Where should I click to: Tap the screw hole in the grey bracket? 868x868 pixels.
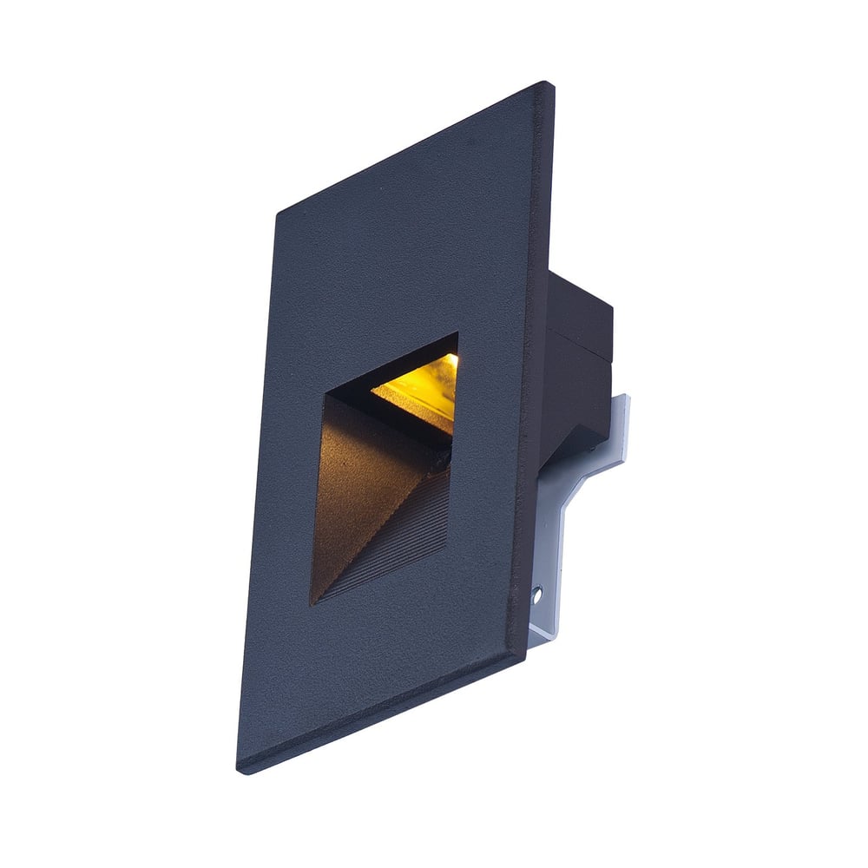pos(536,595)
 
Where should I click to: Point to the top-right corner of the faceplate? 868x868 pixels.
pos(548,85)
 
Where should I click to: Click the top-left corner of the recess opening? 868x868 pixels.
pos(326,395)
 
